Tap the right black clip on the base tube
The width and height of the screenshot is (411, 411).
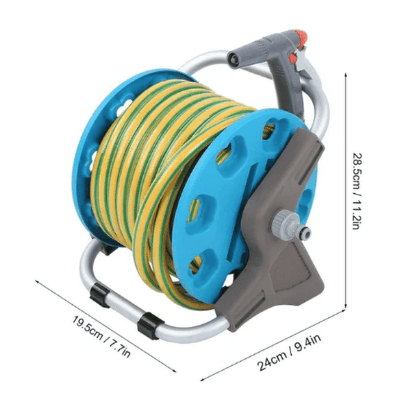[147, 323]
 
